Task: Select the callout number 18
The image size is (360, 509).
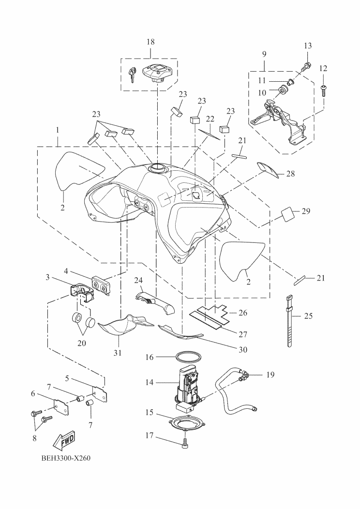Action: (150, 42)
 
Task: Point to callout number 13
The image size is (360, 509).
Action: (308, 45)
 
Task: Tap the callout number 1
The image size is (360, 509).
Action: (58, 131)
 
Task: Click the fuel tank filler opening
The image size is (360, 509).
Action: (158, 168)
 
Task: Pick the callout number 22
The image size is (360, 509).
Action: (210, 119)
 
